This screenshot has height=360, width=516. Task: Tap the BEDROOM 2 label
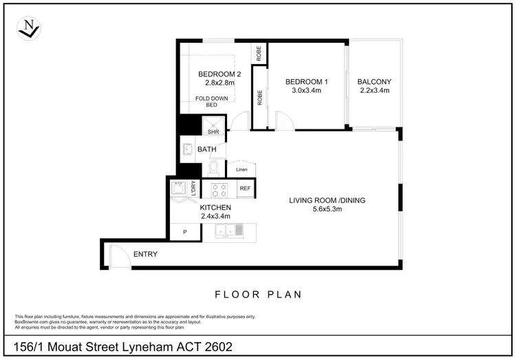click(219, 74)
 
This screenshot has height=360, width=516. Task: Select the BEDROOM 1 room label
click(306, 83)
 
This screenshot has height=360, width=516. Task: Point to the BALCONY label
click(374, 83)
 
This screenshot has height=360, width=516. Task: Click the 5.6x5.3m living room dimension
click(327, 209)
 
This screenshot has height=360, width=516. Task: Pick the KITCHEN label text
click(215, 207)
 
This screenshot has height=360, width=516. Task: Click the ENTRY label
click(145, 255)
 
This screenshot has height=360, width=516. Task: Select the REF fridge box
click(245, 188)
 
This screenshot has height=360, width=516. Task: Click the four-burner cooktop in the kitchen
click(219, 189)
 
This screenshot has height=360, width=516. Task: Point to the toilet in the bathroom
click(214, 168)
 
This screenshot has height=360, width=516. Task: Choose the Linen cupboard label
click(241, 170)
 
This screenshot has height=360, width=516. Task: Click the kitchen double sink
click(224, 232)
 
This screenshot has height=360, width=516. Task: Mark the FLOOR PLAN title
click(258, 295)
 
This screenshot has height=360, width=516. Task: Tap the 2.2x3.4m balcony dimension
click(374, 91)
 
